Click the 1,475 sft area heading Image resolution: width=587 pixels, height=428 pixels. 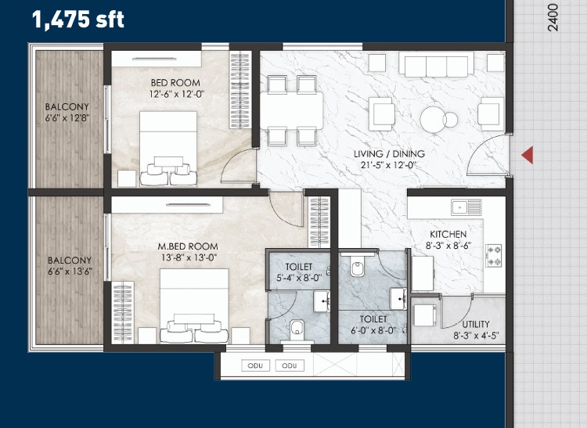pos(77,20)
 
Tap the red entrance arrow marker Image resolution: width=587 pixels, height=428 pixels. pos(528,155)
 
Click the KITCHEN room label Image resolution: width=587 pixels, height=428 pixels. pos(448,235)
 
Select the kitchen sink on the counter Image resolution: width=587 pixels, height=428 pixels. pos(466,207)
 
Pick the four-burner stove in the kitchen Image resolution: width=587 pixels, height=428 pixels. pos(494,256)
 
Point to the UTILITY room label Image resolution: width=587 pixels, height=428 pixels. pos(475,324)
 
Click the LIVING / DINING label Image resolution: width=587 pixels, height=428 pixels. pos(389,154)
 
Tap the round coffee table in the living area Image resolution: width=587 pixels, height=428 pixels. pos(434,120)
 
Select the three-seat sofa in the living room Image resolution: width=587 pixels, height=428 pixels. pos(436,65)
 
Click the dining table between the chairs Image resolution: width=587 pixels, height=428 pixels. pos(291,110)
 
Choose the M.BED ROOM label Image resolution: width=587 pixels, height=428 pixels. pos(188,246)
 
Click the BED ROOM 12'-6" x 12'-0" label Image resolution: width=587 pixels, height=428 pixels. pos(175,88)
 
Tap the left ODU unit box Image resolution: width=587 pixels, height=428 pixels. pos(255,365)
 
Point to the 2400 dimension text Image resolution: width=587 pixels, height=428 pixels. pos(553,18)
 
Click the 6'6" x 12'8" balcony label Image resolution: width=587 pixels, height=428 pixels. pos(67,118)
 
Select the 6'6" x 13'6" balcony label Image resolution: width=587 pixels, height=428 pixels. pos(70,272)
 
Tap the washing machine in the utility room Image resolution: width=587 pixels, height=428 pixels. pos(425,315)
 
